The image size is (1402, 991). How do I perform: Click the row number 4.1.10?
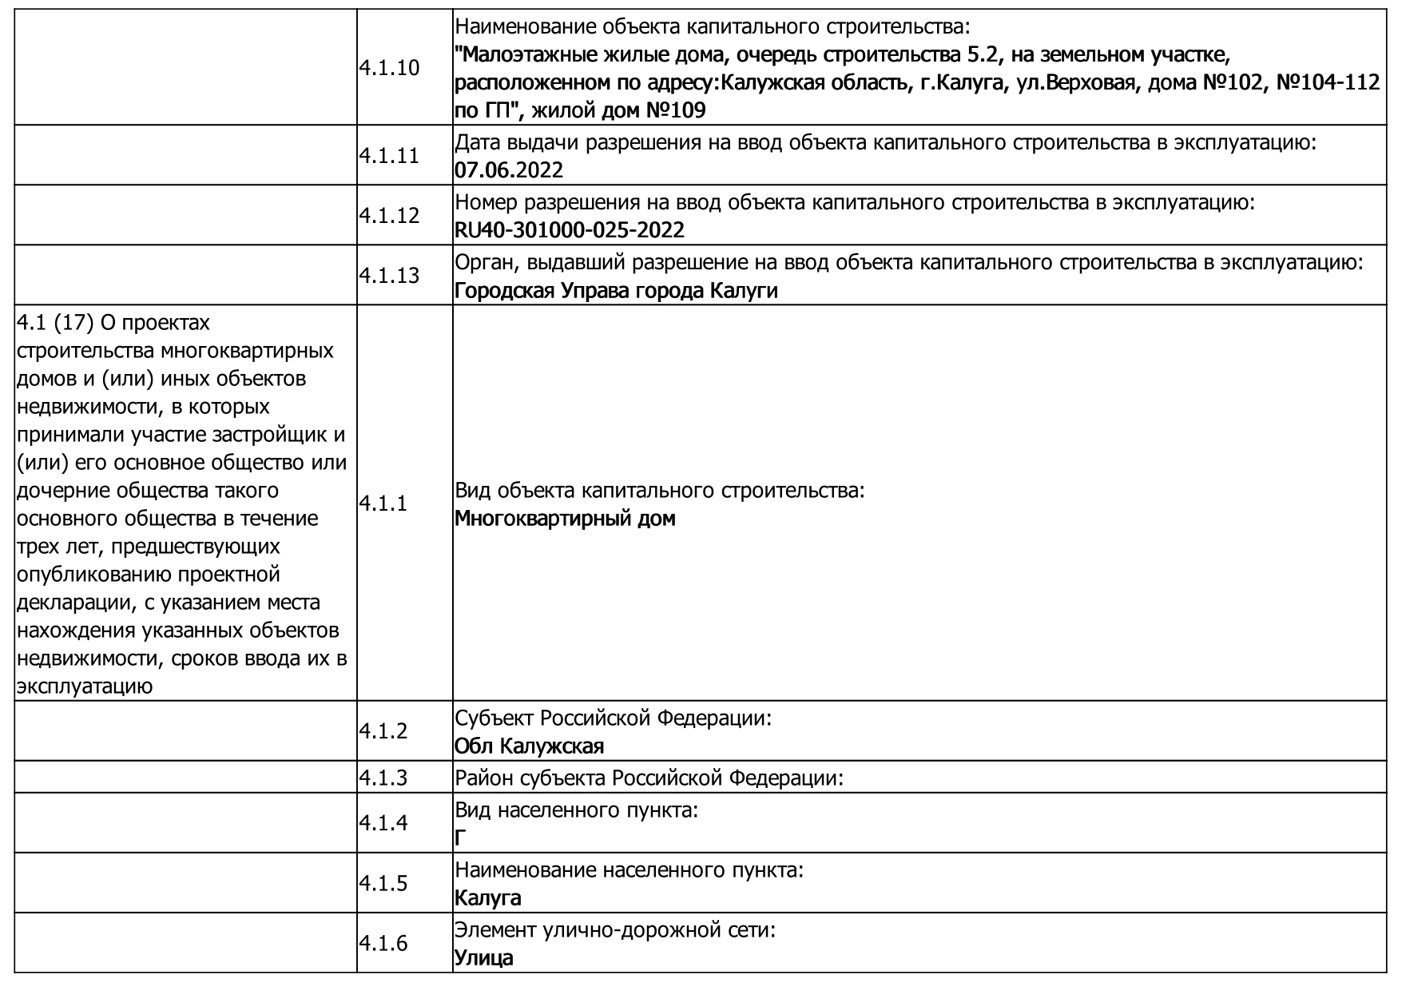click(x=388, y=68)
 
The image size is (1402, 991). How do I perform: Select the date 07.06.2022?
click(x=508, y=170)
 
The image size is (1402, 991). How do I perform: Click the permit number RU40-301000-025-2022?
click(x=569, y=230)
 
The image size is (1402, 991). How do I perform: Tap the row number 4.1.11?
click(x=388, y=156)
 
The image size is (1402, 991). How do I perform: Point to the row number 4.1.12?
click(x=388, y=216)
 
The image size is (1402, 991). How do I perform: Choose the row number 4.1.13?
click(x=388, y=276)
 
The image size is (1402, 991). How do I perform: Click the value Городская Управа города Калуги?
click(x=615, y=290)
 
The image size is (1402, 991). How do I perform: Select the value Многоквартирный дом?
click(x=565, y=519)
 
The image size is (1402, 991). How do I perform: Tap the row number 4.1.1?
click(x=383, y=503)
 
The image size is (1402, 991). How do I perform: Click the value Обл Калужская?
click(x=529, y=746)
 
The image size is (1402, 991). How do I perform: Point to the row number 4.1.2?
click(x=383, y=731)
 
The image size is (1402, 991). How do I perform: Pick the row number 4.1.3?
click(x=383, y=777)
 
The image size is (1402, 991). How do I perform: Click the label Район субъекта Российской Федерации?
click(x=649, y=778)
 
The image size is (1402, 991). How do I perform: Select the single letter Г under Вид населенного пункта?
click(x=460, y=838)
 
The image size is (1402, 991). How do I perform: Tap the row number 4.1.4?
click(x=383, y=823)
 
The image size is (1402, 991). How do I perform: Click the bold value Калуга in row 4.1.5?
click(x=487, y=898)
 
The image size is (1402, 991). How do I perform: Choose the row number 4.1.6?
click(x=383, y=944)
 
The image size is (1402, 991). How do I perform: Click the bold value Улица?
click(x=483, y=958)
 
